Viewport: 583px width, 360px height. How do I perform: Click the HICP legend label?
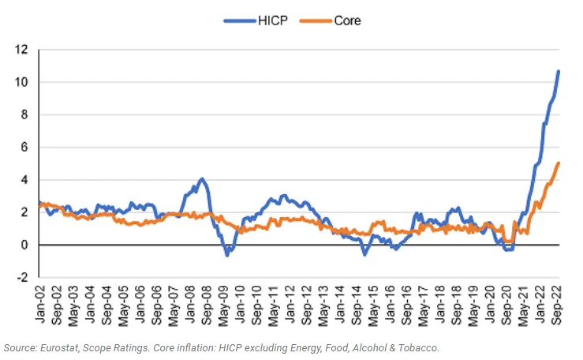[x=272, y=21]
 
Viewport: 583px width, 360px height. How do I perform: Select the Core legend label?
[x=347, y=21]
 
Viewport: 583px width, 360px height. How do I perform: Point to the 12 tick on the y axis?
[x=21, y=49]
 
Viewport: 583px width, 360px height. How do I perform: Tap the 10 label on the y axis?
[x=21, y=82]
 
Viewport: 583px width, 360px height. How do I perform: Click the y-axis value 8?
[x=24, y=114]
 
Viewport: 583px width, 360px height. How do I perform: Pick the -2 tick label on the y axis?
[x=22, y=277]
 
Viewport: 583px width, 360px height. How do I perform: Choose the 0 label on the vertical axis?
[x=24, y=245]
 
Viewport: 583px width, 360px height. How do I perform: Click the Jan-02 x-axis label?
[x=39, y=304]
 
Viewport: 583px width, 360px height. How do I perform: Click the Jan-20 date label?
[x=490, y=304]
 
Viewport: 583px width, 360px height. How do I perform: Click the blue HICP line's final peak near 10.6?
[x=558, y=71]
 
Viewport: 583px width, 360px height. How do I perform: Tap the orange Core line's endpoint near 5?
[x=558, y=163]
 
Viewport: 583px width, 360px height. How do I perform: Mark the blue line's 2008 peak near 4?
[x=202, y=179]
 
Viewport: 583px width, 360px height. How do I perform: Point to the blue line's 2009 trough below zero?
[x=227, y=255]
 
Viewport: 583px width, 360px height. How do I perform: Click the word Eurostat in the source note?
[x=59, y=348]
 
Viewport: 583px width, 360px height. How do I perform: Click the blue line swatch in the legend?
[x=240, y=21]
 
